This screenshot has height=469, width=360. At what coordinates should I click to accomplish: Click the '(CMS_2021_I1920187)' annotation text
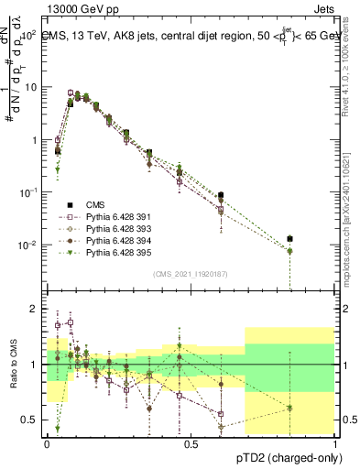(191, 274)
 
